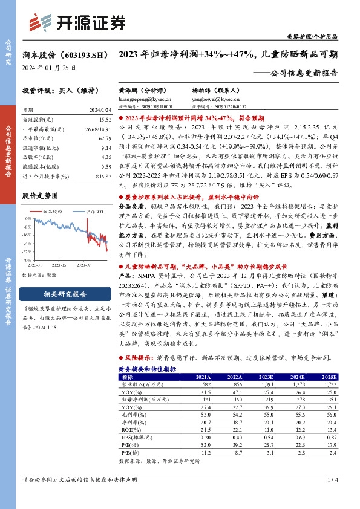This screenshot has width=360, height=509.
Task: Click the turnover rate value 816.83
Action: pyautogui.click(x=104, y=175)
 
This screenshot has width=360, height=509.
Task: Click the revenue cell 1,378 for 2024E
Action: pyautogui.click(x=299, y=384)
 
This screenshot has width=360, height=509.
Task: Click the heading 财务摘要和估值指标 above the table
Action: pyautogui.click(x=147, y=368)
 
